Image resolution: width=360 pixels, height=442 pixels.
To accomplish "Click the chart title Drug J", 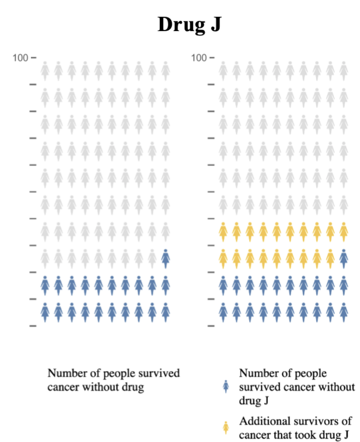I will pyautogui.click(x=190, y=24).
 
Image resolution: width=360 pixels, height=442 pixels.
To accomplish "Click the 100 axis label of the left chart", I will pyautogui.click(x=20, y=57).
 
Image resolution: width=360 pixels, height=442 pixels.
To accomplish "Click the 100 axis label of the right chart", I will pyautogui.click(x=199, y=57).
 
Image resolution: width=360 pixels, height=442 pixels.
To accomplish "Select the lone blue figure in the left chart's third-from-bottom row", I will pyautogui.click(x=165, y=258).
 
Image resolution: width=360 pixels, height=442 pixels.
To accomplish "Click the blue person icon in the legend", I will pyautogui.click(x=226, y=387).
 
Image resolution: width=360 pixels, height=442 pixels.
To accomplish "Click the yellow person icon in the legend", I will pyautogui.click(x=226, y=427).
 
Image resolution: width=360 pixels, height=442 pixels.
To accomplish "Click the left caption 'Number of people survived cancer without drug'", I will pyautogui.click(x=113, y=380).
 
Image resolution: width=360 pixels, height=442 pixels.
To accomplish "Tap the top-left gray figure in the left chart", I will pyautogui.click(x=45, y=71).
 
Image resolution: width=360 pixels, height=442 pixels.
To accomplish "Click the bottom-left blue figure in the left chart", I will pyautogui.click(x=45, y=312).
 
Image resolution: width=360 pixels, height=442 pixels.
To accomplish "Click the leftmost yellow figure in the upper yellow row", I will pyautogui.click(x=223, y=231).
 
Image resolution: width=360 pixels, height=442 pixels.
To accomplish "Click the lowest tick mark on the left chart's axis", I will pyautogui.click(x=33, y=326).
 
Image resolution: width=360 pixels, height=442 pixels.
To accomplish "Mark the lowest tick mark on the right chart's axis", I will pyautogui.click(x=212, y=326).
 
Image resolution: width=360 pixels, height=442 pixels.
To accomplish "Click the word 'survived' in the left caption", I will pyautogui.click(x=159, y=373).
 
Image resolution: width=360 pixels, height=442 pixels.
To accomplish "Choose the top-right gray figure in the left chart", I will pyautogui.click(x=165, y=71).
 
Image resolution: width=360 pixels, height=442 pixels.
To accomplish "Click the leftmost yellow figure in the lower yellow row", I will pyautogui.click(x=223, y=258).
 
